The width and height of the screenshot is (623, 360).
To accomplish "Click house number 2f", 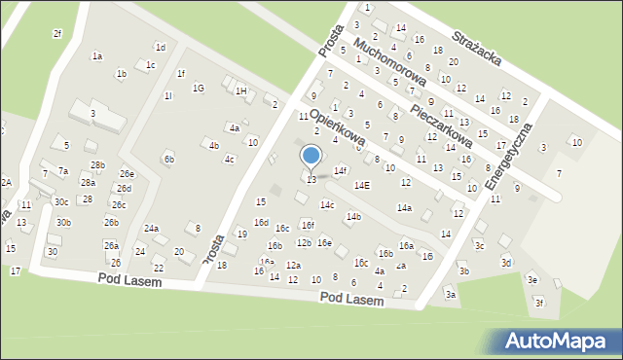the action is click(56, 34).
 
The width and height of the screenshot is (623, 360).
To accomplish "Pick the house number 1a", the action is click(97, 56).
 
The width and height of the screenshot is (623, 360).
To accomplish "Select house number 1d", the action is click(161, 47).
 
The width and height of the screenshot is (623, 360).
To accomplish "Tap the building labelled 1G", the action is click(198, 89).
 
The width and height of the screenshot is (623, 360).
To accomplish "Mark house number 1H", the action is click(240, 90).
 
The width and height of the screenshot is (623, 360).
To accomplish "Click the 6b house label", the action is click(168, 159).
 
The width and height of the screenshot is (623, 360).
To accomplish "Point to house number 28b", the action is click(97, 165).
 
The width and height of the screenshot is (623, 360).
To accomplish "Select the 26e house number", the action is click(127, 174).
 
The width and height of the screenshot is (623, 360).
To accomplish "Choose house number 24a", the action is click(151, 229).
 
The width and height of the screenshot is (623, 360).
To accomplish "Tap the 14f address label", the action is click(340, 171).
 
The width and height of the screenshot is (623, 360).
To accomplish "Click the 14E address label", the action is click(361, 185).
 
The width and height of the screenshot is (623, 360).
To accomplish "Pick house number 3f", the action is click(538, 303).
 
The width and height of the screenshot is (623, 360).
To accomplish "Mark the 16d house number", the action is click(261, 223).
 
